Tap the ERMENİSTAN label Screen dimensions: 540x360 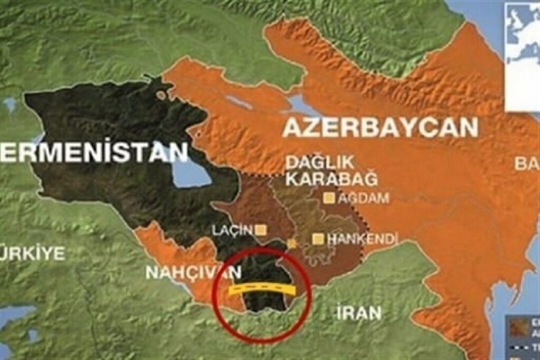[94, 152]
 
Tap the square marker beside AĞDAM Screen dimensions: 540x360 [330, 199]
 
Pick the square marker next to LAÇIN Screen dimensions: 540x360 [261, 230]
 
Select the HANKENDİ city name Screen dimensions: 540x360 [362, 239]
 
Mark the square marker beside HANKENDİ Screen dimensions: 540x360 [317, 239]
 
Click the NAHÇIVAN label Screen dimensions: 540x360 [193, 273]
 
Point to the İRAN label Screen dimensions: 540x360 [359, 313]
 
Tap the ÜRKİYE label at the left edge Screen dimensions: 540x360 [33, 253]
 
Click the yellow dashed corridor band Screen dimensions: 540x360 [261, 290]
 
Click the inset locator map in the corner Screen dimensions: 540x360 [522, 55]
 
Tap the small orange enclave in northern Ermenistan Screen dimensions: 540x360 [161, 95]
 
